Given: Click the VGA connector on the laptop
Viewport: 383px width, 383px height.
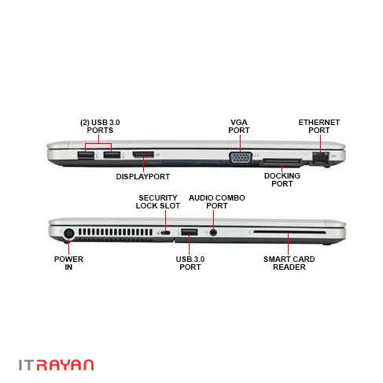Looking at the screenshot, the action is click(241, 158).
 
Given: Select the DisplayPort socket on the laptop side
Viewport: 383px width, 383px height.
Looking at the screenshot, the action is click(143, 155).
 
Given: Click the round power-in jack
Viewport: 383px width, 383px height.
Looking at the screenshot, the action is click(69, 234).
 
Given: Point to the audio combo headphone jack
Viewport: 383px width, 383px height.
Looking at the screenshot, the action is click(213, 232).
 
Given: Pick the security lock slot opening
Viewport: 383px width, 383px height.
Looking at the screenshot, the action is click(166, 233).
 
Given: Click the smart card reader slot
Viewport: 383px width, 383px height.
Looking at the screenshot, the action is click(289, 232).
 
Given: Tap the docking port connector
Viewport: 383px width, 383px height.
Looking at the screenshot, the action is click(282, 162).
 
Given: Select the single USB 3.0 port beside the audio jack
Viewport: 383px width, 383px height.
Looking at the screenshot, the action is click(189, 232).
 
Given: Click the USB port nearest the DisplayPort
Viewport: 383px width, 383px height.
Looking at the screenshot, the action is click(112, 155).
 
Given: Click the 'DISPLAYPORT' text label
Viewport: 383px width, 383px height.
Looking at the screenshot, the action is click(143, 177).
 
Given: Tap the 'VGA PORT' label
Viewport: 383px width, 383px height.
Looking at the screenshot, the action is click(239, 127).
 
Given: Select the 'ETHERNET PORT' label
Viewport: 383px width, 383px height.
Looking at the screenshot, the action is click(319, 127).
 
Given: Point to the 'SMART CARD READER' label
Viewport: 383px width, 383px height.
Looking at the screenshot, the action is click(289, 263).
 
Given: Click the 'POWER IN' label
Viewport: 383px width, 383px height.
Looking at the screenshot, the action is click(68, 263).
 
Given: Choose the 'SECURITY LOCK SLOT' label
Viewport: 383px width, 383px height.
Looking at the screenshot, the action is click(158, 201).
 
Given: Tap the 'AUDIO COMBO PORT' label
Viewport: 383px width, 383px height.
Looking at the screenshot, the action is click(217, 201).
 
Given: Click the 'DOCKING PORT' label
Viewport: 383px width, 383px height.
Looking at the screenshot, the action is click(282, 179).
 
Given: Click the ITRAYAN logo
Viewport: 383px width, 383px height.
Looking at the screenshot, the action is click(56, 365).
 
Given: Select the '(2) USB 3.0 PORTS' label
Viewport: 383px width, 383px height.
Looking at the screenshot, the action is click(100, 127).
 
